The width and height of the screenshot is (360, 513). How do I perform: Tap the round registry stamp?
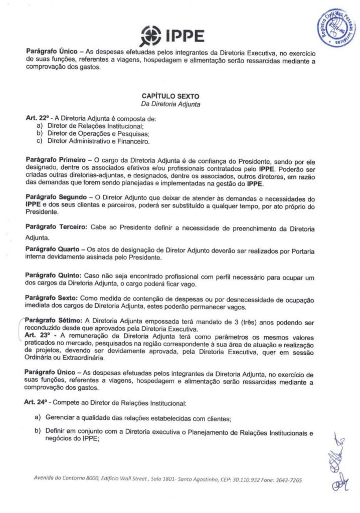click(337, 30)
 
